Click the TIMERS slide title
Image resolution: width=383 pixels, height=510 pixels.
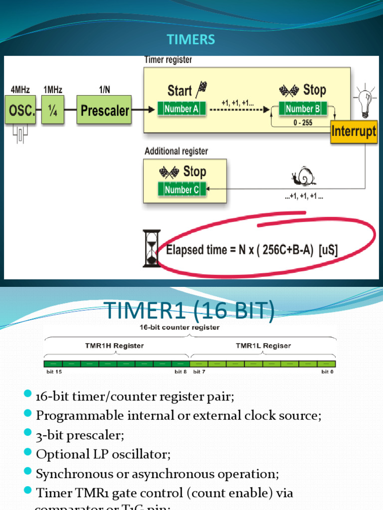click(191, 40)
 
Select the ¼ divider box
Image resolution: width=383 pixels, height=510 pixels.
click(53, 111)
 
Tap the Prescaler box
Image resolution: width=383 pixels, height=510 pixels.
click(104, 110)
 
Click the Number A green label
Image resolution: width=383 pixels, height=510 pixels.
click(182, 109)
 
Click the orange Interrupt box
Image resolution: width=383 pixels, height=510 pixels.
click(354, 132)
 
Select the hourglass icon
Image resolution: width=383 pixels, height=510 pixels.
click(152, 248)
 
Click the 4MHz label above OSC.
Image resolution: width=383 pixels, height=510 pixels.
click(20, 90)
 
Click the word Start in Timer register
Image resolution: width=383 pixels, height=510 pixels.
click(180, 91)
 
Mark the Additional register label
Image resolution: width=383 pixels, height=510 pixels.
click(176, 151)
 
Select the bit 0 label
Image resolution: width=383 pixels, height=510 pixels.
click(328, 372)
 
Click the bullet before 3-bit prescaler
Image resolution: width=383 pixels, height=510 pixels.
click(28, 434)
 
